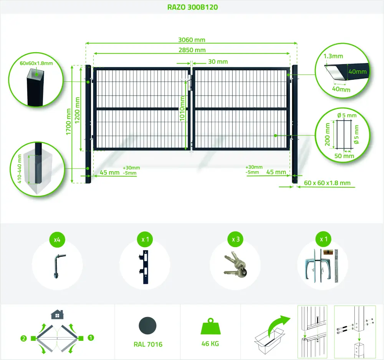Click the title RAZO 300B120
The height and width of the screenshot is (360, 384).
pos(192,7)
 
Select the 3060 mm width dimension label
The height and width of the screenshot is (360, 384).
pos(192,40)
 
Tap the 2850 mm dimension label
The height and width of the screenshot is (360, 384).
pos(192,50)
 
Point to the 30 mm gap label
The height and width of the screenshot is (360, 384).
pos(218,62)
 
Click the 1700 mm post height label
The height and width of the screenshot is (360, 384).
pos(68,122)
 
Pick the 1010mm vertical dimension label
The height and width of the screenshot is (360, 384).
pos(182,108)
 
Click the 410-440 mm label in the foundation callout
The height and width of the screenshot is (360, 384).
pos(20,169)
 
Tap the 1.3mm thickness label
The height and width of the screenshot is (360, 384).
pos(333,56)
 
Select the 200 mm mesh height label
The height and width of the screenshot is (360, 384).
pos(327,134)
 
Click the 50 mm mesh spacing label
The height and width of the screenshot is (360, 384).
pos(344,156)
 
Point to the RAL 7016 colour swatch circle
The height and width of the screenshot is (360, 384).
pos(147,326)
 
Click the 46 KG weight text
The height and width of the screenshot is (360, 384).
pos(210,343)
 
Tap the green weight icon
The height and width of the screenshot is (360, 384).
pos(210,326)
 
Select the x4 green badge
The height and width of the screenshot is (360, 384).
pos(57,239)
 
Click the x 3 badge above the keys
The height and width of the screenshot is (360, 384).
pos(236,239)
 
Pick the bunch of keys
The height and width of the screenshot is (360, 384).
pos(235,264)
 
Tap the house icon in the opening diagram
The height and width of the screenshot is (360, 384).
pos(57,314)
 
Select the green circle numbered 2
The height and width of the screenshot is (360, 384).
pos(23,339)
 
